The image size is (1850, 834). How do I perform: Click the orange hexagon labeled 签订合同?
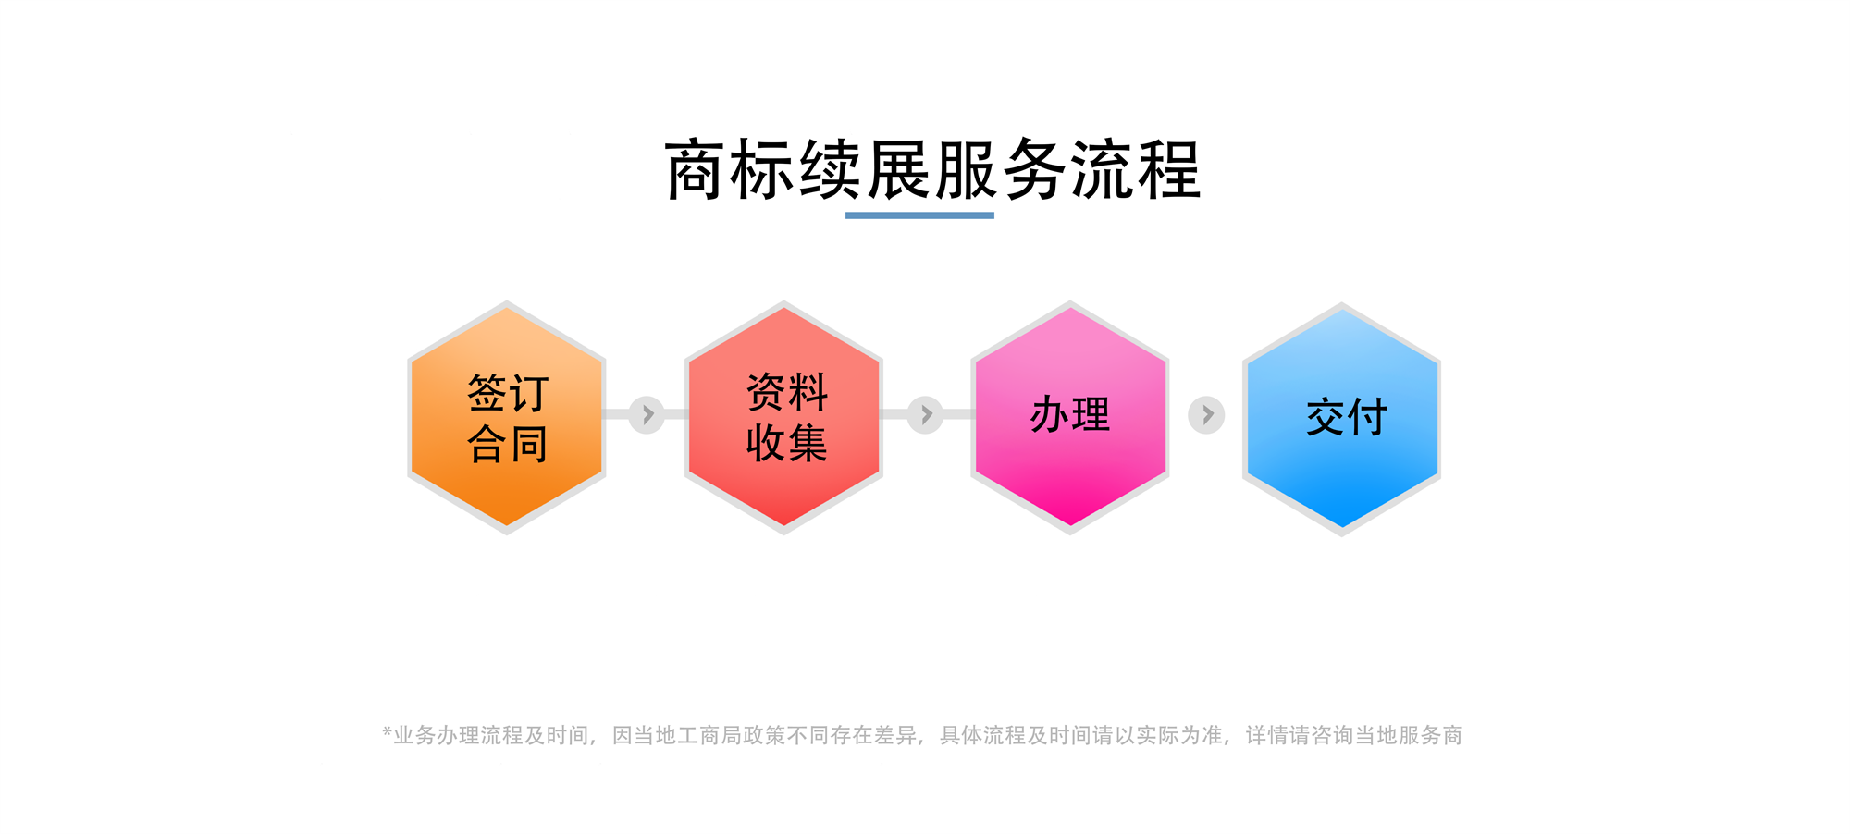pyautogui.click(x=507, y=418)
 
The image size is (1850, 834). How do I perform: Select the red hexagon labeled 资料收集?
pyautogui.click(x=783, y=418)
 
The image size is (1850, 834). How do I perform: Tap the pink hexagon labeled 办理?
pyautogui.click(x=1070, y=418)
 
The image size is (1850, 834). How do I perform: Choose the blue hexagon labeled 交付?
pyautogui.click(x=1341, y=419)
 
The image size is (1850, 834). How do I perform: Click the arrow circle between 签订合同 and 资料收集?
pyautogui.click(x=647, y=414)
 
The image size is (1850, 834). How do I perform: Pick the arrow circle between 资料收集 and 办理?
pyautogui.click(x=925, y=414)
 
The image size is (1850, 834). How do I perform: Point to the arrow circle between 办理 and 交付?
pyautogui.click(x=1206, y=415)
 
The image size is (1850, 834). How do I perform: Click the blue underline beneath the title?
pyautogui.click(x=919, y=215)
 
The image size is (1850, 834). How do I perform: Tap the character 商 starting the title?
pyautogui.click(x=696, y=170)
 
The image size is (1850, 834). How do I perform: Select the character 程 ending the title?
pyautogui.click(x=1169, y=170)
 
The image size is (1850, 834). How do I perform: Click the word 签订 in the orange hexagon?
pyautogui.click(x=509, y=393)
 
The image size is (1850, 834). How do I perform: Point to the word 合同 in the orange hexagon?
pyautogui.click(x=509, y=444)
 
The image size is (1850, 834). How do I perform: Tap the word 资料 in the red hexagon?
pyautogui.click(x=787, y=392)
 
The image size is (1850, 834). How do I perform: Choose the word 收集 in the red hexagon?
pyautogui.click(x=787, y=443)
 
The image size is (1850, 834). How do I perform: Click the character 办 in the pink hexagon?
pyautogui.click(x=1050, y=414)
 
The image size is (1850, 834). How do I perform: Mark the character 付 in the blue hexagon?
pyautogui.click(x=1368, y=417)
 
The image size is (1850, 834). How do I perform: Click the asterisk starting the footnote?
pyautogui.click(x=388, y=733)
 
